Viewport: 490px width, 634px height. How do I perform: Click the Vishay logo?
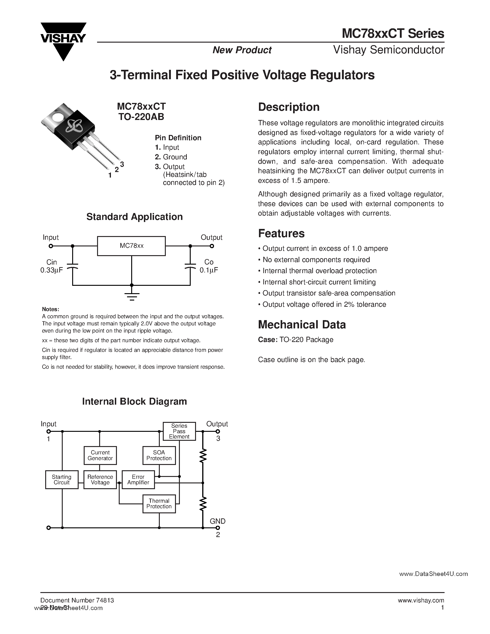pyautogui.click(x=63, y=41)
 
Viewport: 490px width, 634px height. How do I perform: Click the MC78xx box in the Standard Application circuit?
pyautogui.click(x=131, y=246)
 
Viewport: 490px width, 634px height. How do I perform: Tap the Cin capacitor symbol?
pyautogui.click(x=72, y=266)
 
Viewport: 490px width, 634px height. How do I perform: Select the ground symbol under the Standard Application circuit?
pyautogui.click(x=132, y=296)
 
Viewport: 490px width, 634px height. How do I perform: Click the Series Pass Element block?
pyautogui.click(x=179, y=431)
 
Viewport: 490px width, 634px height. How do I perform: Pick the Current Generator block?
pyautogui.click(x=100, y=455)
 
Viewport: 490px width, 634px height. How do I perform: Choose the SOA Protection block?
pyautogui.click(x=159, y=455)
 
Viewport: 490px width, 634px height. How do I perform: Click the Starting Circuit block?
pyautogui.click(x=62, y=479)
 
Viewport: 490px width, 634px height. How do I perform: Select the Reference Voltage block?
pyautogui.click(x=100, y=479)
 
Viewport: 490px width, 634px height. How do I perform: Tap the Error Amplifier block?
pyautogui.click(x=138, y=479)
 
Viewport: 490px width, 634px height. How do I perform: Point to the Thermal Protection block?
pyautogui.click(x=159, y=504)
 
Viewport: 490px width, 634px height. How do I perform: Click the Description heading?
pyautogui.click(x=289, y=107)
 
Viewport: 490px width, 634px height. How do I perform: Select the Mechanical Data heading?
pyautogui.click(x=302, y=324)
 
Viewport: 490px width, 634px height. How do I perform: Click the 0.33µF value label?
pyautogui.click(x=51, y=270)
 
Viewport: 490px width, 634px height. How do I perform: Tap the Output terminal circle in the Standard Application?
pyautogui.click(x=212, y=246)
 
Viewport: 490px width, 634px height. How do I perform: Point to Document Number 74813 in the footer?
pyautogui.click(x=77, y=600)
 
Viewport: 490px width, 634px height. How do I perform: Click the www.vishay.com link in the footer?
pyautogui.click(x=421, y=600)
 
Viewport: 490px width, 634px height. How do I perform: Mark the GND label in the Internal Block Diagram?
pyautogui.click(x=218, y=521)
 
